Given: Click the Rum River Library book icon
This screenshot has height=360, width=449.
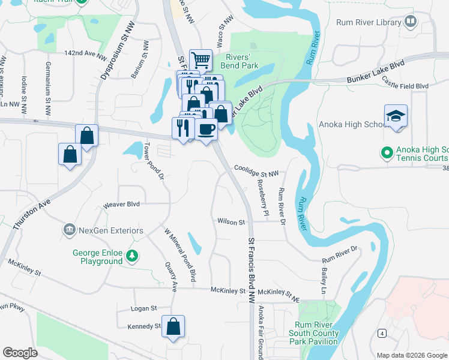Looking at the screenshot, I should pyautogui.click(x=411, y=22).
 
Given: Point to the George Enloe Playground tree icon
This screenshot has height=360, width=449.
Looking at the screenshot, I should pyautogui.click(x=131, y=257).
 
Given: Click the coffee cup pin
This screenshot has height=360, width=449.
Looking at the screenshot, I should pyautogui.click(x=206, y=130).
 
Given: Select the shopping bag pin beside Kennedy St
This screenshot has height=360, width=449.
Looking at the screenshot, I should pyautogui.click(x=173, y=326).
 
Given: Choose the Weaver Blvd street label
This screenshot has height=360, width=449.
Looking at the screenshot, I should pyautogui.click(x=121, y=204).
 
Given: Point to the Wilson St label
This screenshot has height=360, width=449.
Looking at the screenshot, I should pyautogui.click(x=232, y=222).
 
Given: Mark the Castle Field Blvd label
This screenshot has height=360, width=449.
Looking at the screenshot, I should pyautogui.click(x=405, y=86).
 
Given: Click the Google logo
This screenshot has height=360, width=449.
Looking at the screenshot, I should pyautogui.click(x=20, y=353).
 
